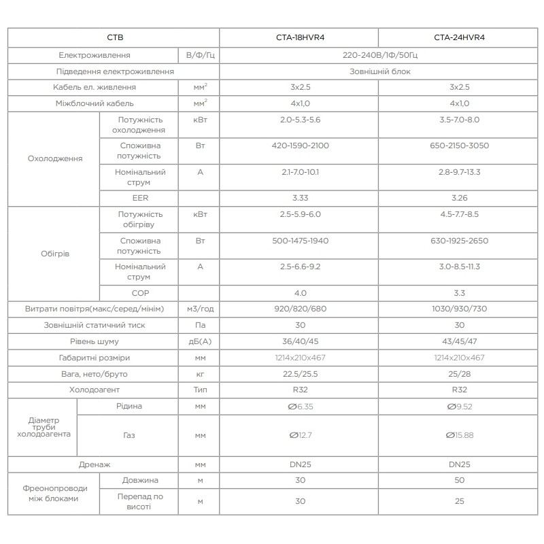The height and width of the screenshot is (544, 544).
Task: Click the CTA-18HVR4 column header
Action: coord(299,38)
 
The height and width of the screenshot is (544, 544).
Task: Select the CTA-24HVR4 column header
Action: coord(460,38)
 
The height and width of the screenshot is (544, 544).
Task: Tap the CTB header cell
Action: coord(114,38)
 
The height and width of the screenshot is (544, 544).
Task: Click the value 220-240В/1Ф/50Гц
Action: coord(379,54)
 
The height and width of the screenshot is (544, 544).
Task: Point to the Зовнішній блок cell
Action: coord(379,71)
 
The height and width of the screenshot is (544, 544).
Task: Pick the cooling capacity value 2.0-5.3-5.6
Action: coord(299,119)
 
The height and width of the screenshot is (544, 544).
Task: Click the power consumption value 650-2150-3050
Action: coord(460,146)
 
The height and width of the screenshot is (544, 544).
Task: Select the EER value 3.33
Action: coord(299,198)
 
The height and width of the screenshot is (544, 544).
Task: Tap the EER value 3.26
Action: coord(460,198)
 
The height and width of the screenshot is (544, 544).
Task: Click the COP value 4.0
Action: coord(299,293)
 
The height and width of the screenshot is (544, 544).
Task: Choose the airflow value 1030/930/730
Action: coord(460,309)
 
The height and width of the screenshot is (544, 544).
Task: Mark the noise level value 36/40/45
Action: coord(299,341)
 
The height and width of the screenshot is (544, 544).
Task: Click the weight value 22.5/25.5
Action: coord(299,374)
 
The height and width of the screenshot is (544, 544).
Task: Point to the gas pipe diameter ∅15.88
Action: coord(460,435)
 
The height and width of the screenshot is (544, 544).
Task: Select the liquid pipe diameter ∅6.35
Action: coord(299,407)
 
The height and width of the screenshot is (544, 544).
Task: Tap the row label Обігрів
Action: coord(54,254)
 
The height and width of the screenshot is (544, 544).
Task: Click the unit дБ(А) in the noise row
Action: coord(200,341)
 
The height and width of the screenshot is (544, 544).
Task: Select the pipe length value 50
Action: coord(460,480)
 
